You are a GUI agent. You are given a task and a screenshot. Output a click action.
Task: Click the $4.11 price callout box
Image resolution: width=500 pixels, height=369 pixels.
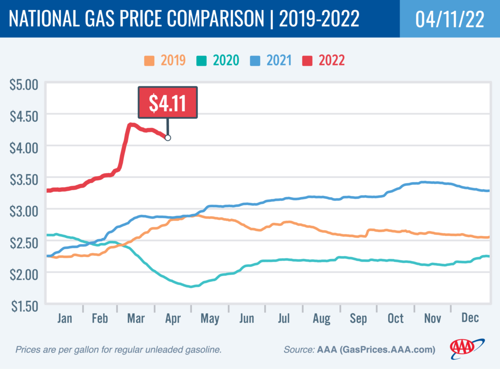point(168,103)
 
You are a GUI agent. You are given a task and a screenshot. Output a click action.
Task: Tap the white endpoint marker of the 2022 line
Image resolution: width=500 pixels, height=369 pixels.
point(168,138)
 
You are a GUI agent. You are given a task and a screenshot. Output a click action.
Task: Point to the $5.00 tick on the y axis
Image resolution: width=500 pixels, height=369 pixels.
point(23,84)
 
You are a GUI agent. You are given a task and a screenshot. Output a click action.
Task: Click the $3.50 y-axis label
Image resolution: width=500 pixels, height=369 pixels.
point(23,178)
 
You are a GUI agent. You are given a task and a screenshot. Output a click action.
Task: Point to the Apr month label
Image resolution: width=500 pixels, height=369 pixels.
point(173,319)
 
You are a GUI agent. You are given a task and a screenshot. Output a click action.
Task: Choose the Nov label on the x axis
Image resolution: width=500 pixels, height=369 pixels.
point(433,319)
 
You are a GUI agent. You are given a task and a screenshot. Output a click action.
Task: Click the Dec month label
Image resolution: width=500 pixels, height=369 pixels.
point(470,319)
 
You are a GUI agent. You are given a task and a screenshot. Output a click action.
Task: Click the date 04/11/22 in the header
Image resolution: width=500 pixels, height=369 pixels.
point(449,19)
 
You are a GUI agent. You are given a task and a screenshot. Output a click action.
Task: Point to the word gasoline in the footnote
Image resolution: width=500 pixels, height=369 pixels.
point(203,350)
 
